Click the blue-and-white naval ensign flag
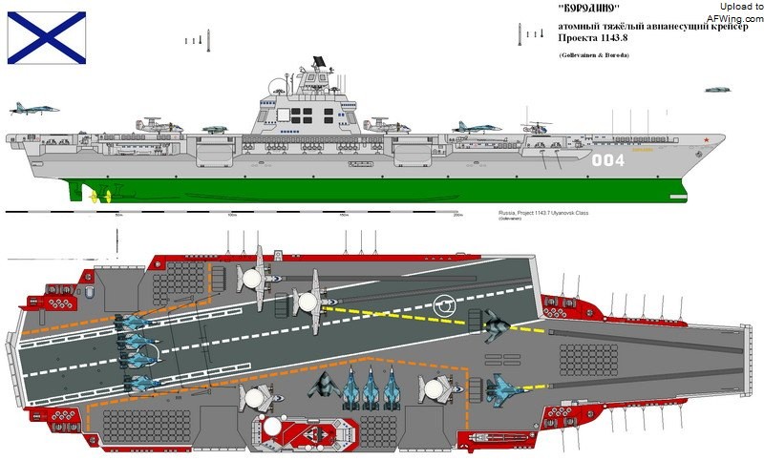tap(47, 37)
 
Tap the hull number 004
tap(607, 160)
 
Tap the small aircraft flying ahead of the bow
tap(717, 90)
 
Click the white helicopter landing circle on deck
tap(445, 306)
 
